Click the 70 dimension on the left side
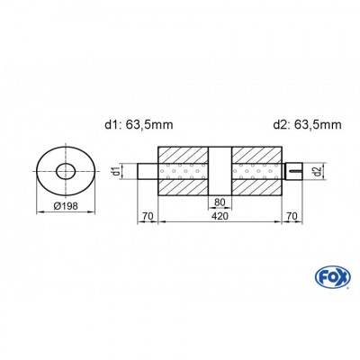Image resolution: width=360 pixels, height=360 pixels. coord(148,217)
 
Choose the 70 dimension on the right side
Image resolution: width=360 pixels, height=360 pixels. coord(291,217)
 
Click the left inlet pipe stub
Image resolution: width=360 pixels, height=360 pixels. coord(148,171)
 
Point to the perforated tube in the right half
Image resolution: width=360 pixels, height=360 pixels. coord(256,171)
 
